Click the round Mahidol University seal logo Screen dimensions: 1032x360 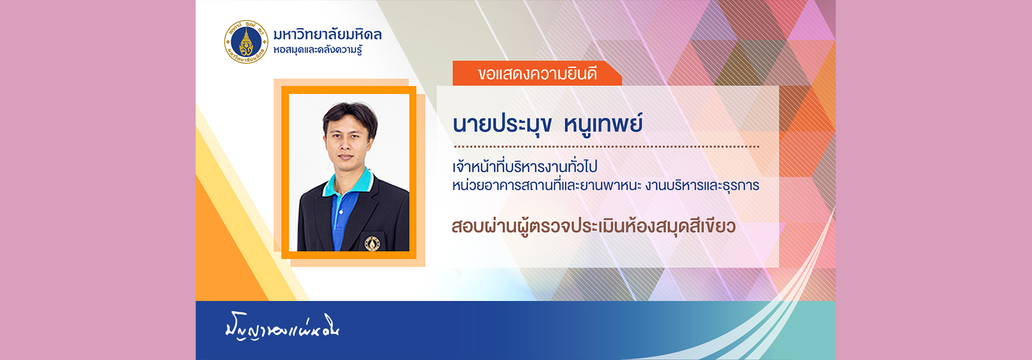click(246, 42)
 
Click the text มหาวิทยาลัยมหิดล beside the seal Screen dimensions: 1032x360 click(327, 35)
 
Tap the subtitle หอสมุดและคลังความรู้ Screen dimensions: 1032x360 click(318, 51)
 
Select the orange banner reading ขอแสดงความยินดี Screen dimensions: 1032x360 click(537, 74)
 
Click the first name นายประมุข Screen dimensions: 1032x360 click(502, 124)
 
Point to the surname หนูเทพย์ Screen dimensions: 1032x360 click(603, 123)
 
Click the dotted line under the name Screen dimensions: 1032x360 click(606, 146)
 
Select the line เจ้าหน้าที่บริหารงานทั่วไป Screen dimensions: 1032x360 click(525, 167)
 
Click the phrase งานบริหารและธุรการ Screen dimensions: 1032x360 click(703, 186)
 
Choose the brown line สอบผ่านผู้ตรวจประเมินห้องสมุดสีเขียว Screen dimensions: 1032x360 click(593, 226)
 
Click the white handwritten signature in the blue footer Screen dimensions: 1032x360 click(282, 326)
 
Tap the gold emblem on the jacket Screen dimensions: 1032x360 click(372, 243)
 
